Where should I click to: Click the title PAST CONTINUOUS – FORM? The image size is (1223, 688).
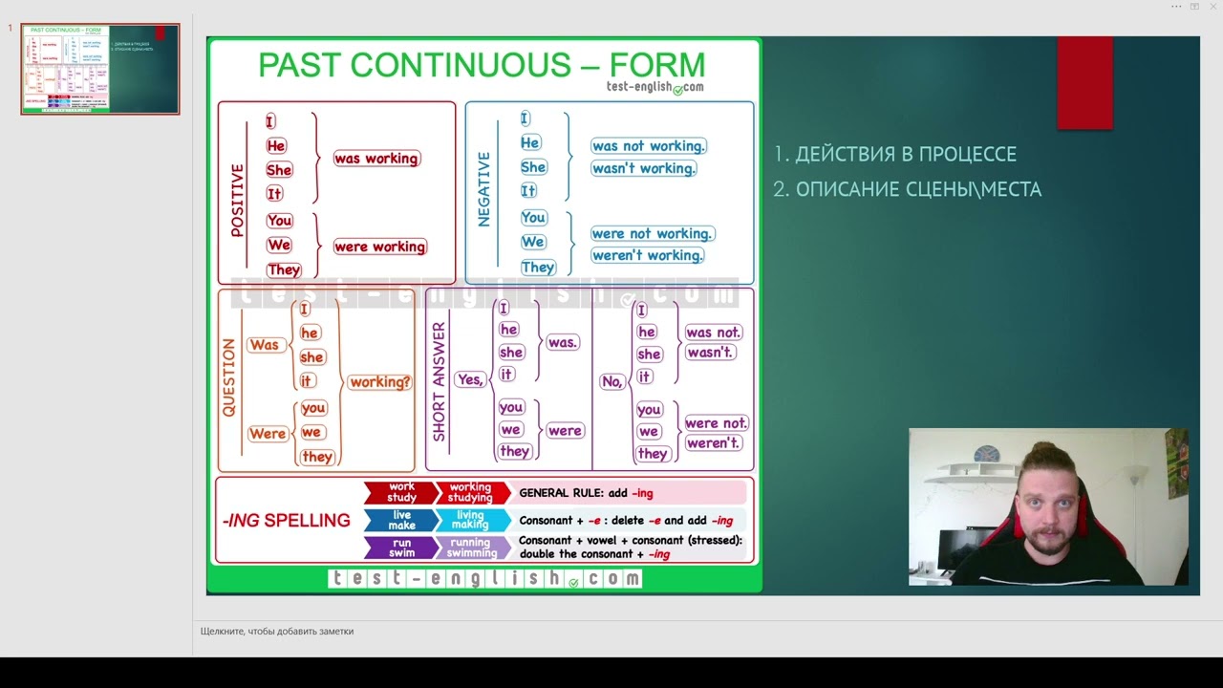tap(482, 65)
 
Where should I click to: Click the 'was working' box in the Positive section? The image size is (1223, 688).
tap(376, 159)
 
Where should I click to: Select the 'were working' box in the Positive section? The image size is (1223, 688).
tap(379, 247)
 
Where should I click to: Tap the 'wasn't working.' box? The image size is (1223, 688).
tap(643, 168)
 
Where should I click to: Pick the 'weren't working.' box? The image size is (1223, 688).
tap(647, 255)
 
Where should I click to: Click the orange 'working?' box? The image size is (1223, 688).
tap(379, 382)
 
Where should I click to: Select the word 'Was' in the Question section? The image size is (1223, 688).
tap(264, 345)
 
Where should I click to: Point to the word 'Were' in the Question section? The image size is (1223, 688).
tap(268, 434)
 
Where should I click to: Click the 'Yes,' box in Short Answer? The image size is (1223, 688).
tap(470, 379)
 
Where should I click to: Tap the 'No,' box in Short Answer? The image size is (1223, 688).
tap(611, 381)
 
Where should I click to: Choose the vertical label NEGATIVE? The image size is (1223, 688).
tap(483, 189)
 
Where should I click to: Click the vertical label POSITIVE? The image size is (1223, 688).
tap(237, 200)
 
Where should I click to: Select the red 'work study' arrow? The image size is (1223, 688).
tap(400, 493)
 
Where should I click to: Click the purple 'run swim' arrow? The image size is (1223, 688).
tap(400, 548)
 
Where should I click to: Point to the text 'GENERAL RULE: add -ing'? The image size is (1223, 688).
tap(586, 494)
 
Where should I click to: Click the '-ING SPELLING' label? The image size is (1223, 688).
tap(287, 521)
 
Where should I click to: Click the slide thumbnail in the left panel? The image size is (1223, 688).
tap(99, 69)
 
